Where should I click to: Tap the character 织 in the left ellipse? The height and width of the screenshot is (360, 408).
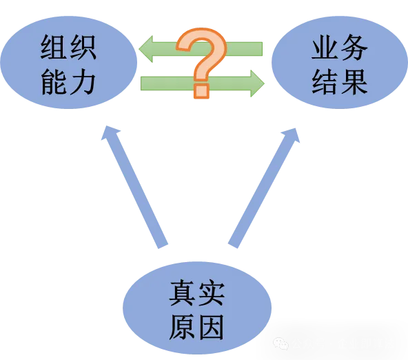82,48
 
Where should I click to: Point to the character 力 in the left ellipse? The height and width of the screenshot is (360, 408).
82,82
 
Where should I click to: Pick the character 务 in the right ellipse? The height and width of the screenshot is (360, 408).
354,47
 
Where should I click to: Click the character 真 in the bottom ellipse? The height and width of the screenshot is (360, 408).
183,292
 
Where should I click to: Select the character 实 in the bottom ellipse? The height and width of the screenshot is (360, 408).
211,292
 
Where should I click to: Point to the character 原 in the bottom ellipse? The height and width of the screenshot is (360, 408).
183,327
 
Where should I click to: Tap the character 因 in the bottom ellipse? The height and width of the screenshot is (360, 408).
211,327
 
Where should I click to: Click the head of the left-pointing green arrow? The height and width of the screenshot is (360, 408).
146,49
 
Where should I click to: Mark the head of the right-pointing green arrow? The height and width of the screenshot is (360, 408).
257,83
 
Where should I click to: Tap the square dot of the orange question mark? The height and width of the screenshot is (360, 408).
202,90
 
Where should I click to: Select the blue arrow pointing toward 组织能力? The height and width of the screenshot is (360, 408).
134,187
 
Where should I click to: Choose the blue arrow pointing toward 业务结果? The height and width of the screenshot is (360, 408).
263,188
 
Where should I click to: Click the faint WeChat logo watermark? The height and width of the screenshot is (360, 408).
280,343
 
